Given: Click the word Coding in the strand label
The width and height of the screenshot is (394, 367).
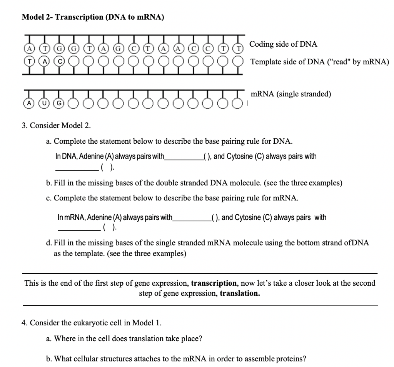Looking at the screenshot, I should tap(260, 44).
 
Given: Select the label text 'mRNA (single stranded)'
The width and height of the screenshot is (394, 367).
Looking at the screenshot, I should tap(291, 94).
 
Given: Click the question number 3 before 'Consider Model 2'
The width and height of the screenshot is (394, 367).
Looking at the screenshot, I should tap(25, 125).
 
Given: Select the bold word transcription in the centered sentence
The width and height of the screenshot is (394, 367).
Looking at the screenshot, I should tap(214, 283).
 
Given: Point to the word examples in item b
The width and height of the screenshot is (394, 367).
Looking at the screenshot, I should tap(327, 183).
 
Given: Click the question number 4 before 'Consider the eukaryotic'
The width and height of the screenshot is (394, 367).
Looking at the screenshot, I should tap(25, 323).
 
